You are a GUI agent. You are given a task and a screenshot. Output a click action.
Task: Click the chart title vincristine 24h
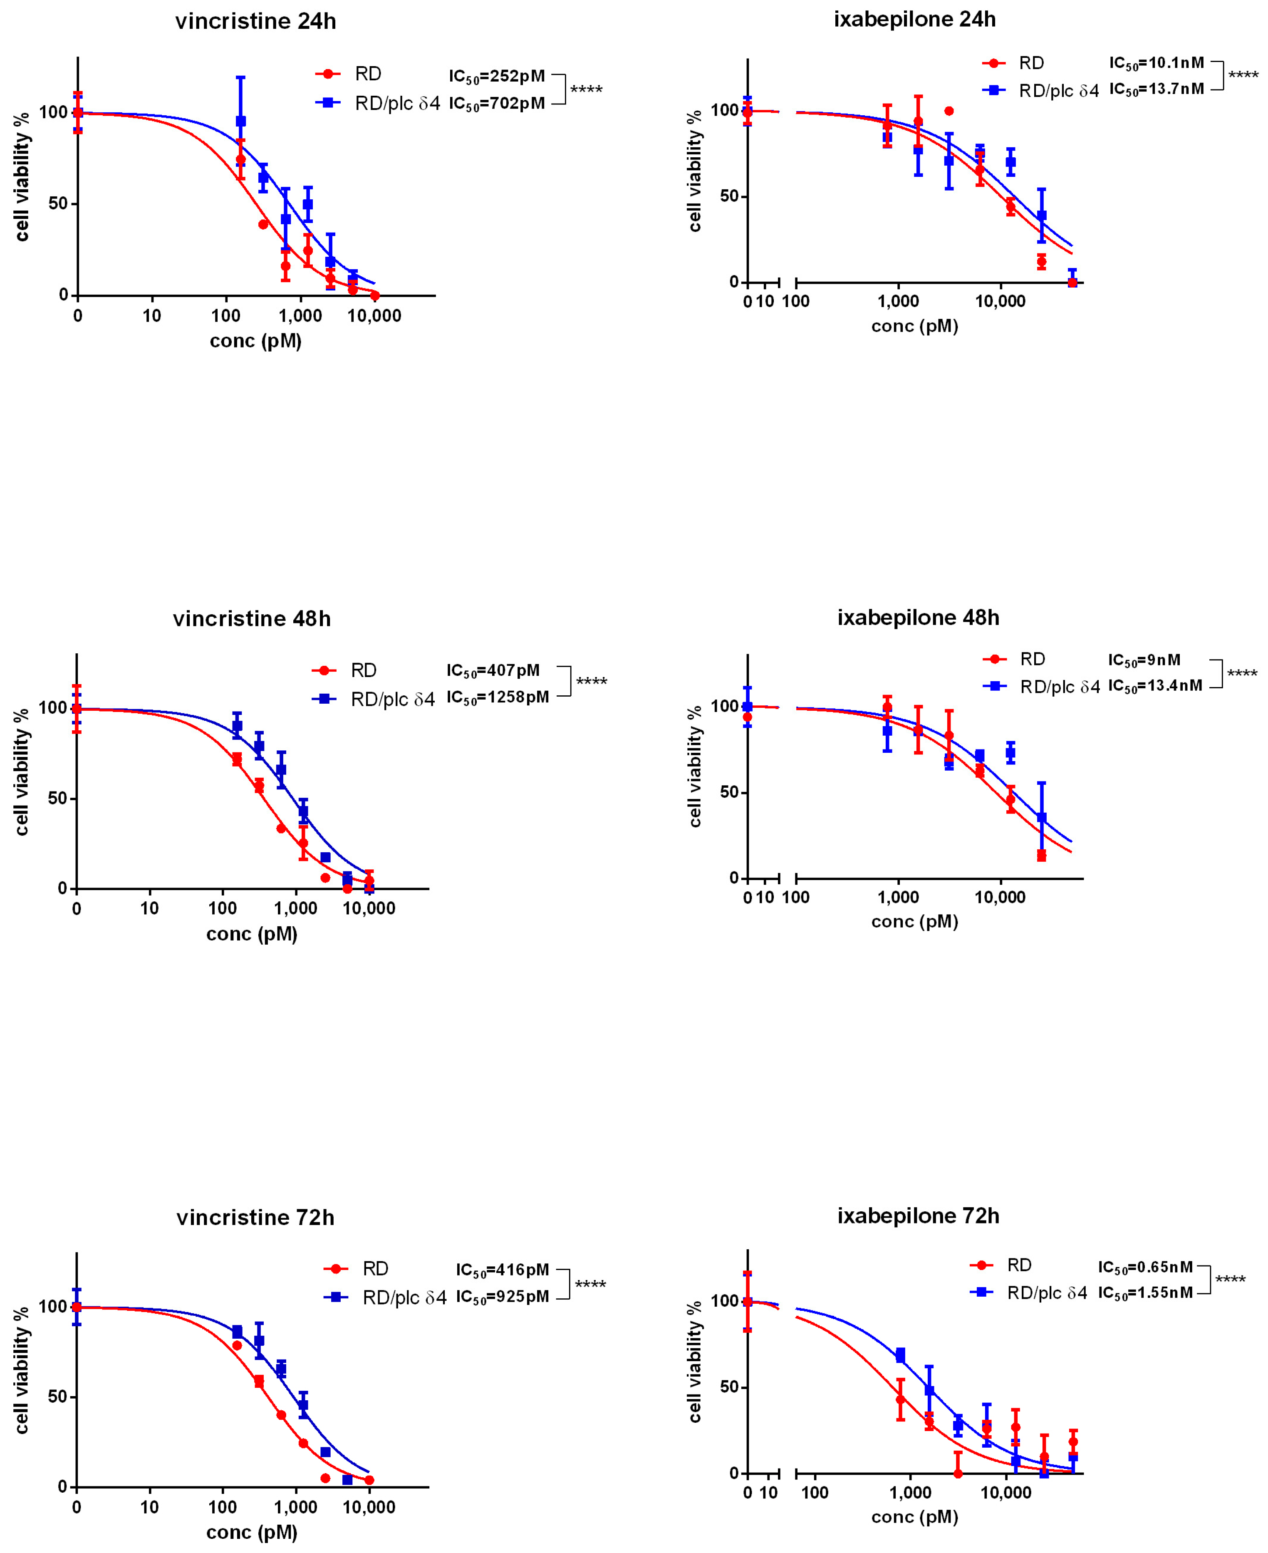pos(256,21)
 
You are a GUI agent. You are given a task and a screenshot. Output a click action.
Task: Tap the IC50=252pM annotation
pos(497,76)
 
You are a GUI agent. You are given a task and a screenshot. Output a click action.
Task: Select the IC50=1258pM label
pos(498,697)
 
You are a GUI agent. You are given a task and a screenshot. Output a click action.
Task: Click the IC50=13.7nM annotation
pos(1156,89)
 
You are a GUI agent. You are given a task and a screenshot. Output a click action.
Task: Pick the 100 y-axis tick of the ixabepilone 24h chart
pos(725,110)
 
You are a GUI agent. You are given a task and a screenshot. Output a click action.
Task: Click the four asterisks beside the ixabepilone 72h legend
pos(1230,1280)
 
